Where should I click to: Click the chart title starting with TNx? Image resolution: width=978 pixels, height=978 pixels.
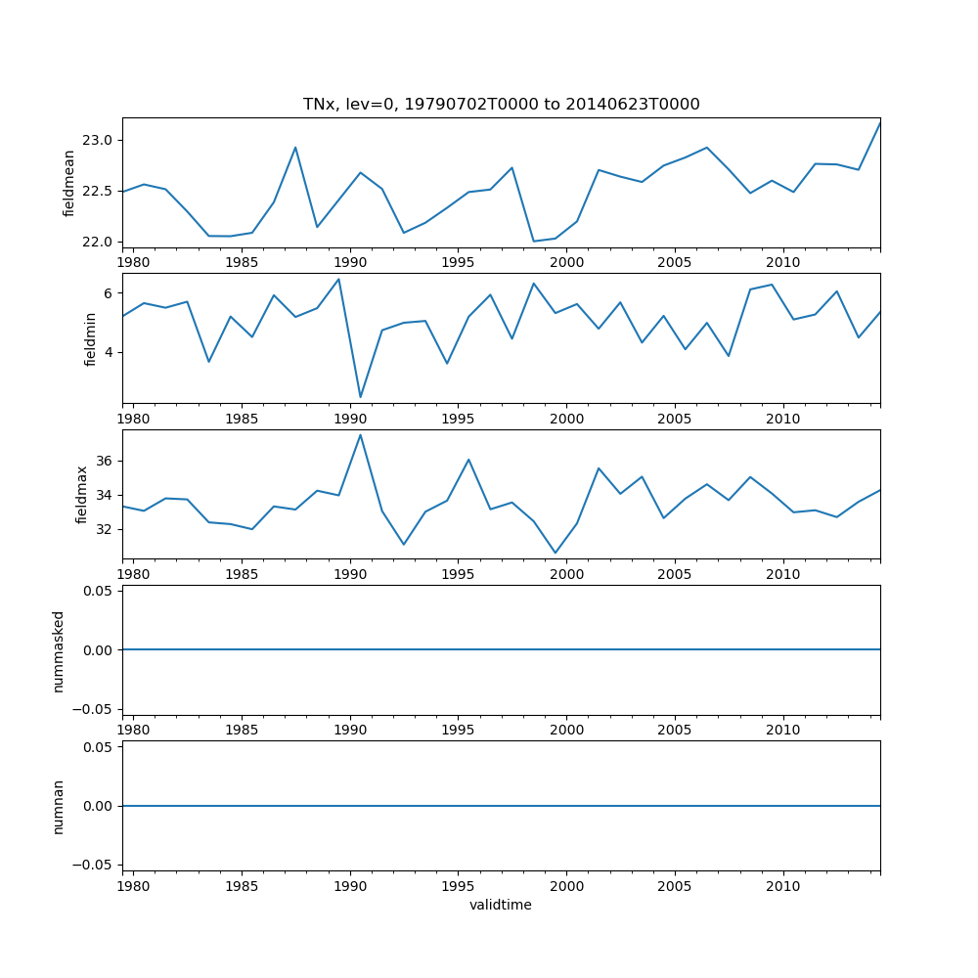[501, 105]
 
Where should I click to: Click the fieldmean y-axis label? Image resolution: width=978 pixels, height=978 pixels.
[69, 183]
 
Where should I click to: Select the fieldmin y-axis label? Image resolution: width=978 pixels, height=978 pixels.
[90, 338]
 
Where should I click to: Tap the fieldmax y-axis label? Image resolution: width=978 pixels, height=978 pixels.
[82, 495]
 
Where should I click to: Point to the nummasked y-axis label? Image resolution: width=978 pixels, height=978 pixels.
[59, 650]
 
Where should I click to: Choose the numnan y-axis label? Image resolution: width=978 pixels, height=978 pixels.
[59, 806]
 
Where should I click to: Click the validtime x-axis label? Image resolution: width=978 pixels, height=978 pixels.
[501, 906]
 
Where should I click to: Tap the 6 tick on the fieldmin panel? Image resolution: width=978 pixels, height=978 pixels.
[109, 293]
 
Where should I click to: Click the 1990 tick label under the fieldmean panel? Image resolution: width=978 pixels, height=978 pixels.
[350, 263]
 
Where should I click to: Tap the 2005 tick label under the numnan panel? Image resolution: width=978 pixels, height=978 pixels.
[675, 886]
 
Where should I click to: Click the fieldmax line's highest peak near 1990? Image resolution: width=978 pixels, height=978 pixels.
[360, 435]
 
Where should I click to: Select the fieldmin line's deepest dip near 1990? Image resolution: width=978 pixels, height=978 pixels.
[360, 397]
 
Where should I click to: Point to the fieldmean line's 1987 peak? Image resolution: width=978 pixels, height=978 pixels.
[295, 148]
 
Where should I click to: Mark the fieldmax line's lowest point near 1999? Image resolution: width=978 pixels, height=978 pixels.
[556, 554]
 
